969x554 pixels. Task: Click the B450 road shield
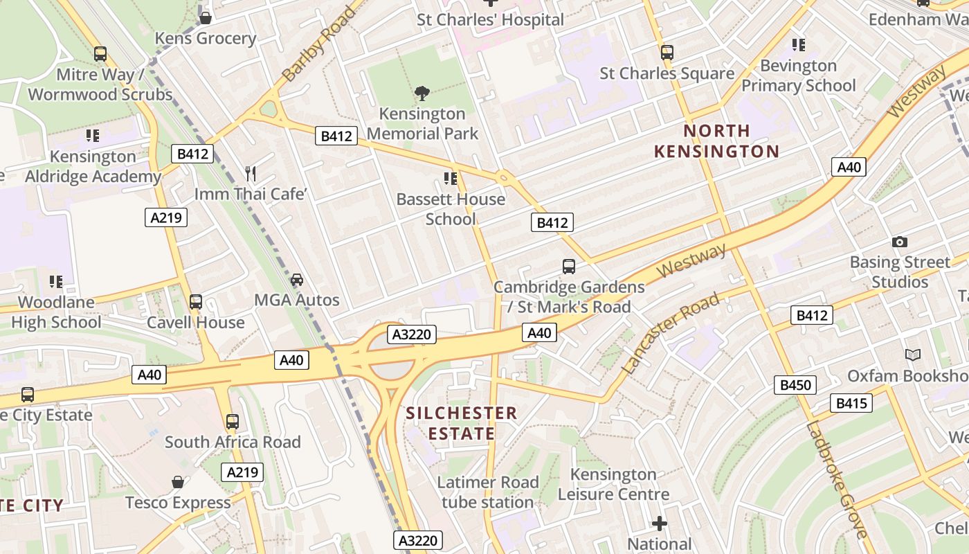[x=795, y=385]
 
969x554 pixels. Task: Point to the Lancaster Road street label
[x=670, y=333]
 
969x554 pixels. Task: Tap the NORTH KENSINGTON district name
[x=716, y=141]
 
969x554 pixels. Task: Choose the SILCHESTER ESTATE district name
[x=461, y=423]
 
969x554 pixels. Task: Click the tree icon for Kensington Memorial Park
[x=422, y=93]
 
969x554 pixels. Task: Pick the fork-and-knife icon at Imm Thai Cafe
[x=251, y=174]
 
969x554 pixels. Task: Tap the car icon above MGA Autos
[x=297, y=280]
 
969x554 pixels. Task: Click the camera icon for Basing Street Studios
[x=900, y=242]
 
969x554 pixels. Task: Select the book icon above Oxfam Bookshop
[x=914, y=355]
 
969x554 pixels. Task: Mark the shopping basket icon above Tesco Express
[x=178, y=482]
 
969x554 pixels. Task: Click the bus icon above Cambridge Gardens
[x=569, y=267]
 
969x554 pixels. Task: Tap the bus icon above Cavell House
[x=196, y=302]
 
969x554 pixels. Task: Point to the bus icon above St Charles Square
[x=667, y=53]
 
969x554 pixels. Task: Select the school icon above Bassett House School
[x=451, y=179]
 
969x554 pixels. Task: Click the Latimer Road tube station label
[x=488, y=492]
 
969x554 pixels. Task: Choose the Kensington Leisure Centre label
[x=613, y=484]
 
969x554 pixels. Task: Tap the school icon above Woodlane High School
[x=56, y=282]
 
